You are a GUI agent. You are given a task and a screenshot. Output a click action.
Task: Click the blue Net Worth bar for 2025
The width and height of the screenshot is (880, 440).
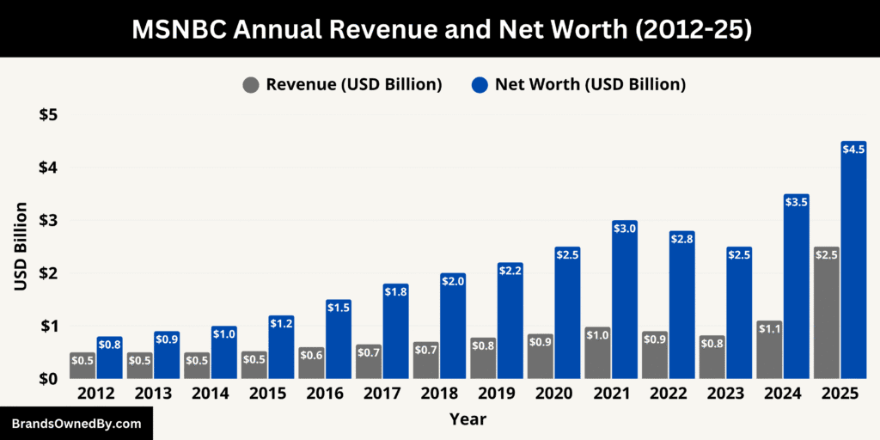pyautogui.click(x=853, y=266)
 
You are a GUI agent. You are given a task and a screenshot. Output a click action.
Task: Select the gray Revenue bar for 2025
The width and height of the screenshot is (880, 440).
pyautogui.click(x=826, y=318)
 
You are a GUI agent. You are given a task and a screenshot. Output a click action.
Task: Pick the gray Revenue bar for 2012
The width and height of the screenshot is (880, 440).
pyautogui.click(x=82, y=366)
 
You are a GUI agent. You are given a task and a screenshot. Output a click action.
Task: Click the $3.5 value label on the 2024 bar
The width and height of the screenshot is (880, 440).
pyautogui.click(x=796, y=202)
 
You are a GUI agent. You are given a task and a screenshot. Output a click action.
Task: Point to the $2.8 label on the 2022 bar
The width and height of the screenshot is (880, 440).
pyautogui.click(x=681, y=238)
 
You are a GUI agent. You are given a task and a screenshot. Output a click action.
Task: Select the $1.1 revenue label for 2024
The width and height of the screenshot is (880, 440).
pyautogui.click(x=768, y=327)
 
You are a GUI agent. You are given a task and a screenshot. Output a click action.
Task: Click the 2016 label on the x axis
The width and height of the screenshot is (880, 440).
pyautogui.click(x=324, y=394)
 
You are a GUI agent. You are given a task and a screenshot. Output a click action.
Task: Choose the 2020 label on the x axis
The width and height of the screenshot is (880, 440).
pyautogui.click(x=553, y=394)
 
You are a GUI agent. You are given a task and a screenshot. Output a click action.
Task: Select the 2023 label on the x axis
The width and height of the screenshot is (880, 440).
pyautogui.click(x=724, y=394)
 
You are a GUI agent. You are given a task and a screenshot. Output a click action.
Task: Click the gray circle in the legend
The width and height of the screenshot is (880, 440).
pyautogui.click(x=251, y=85)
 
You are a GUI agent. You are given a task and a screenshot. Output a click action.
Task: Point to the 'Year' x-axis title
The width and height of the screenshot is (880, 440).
pyautogui.click(x=467, y=419)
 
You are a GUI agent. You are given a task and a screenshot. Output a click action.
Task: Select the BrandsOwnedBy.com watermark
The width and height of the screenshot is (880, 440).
pyautogui.click(x=76, y=424)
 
